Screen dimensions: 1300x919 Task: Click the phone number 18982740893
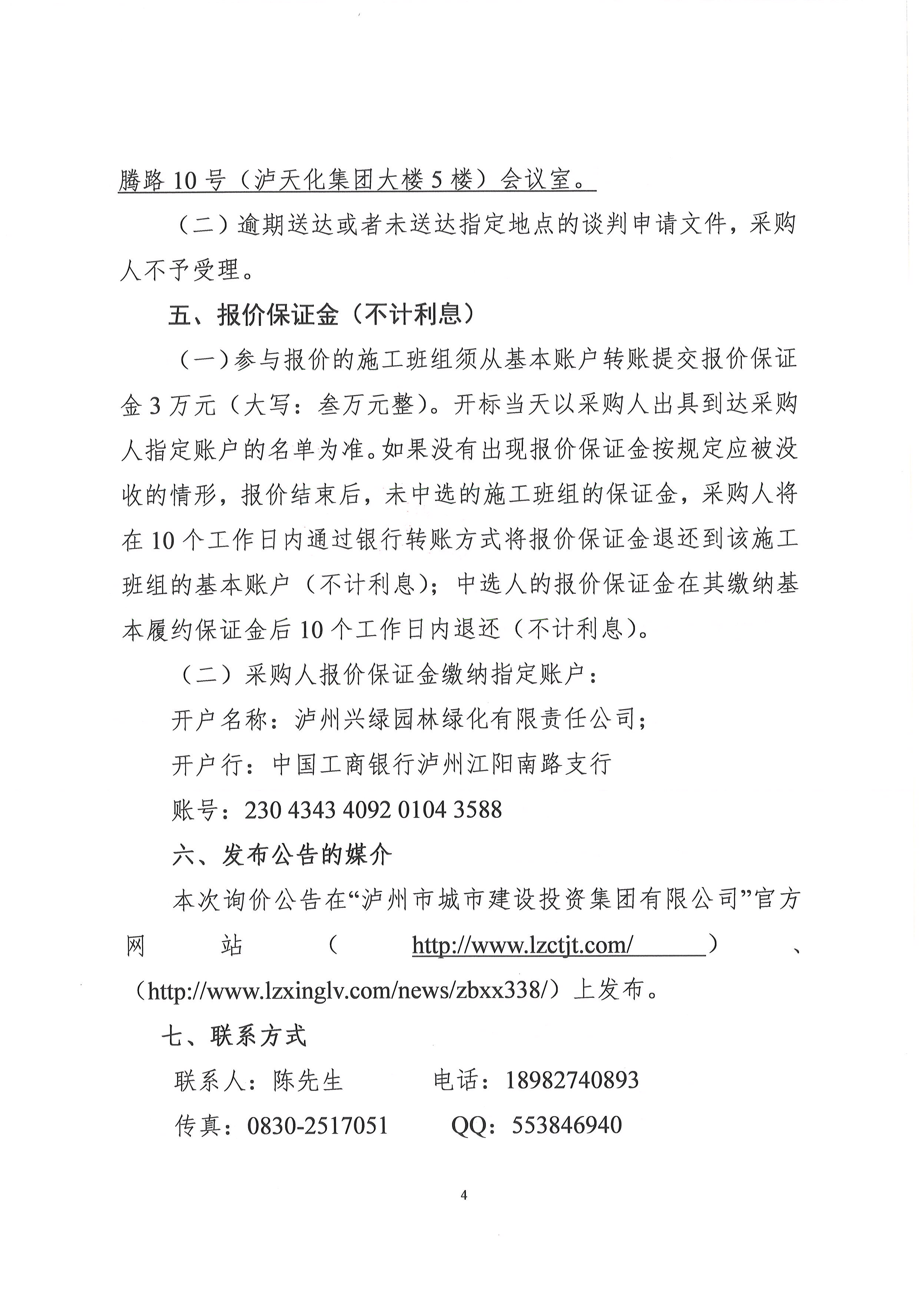571,1080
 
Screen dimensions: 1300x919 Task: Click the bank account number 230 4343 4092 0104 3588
373,810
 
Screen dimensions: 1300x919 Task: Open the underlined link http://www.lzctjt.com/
522,945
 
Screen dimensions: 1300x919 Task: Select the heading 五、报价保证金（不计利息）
321,315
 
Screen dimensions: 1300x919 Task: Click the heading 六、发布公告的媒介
282,855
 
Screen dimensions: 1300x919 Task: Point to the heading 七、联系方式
234,1036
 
